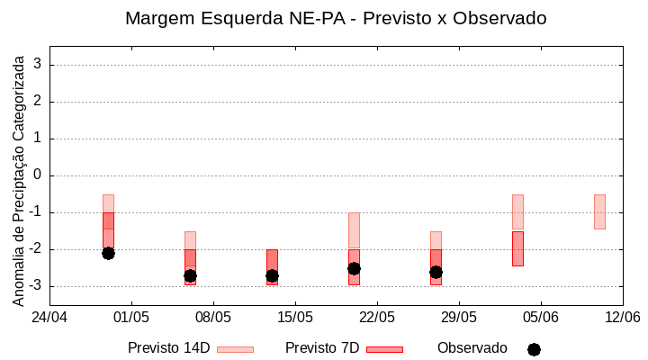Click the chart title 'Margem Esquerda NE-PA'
point(336,18)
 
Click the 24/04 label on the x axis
point(49,317)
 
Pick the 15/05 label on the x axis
point(295,317)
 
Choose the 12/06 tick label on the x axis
point(622,317)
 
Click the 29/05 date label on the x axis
point(459,317)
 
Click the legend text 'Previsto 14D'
point(168,348)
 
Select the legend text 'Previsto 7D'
point(322,348)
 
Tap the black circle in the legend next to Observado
point(534,349)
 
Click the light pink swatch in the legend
point(235,349)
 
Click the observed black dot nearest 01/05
point(108,253)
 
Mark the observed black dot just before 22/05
point(354,268)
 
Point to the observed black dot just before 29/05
point(436,272)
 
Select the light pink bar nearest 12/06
point(599,211)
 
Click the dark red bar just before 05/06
point(517,248)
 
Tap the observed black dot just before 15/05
point(272,275)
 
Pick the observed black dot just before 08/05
point(190,275)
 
